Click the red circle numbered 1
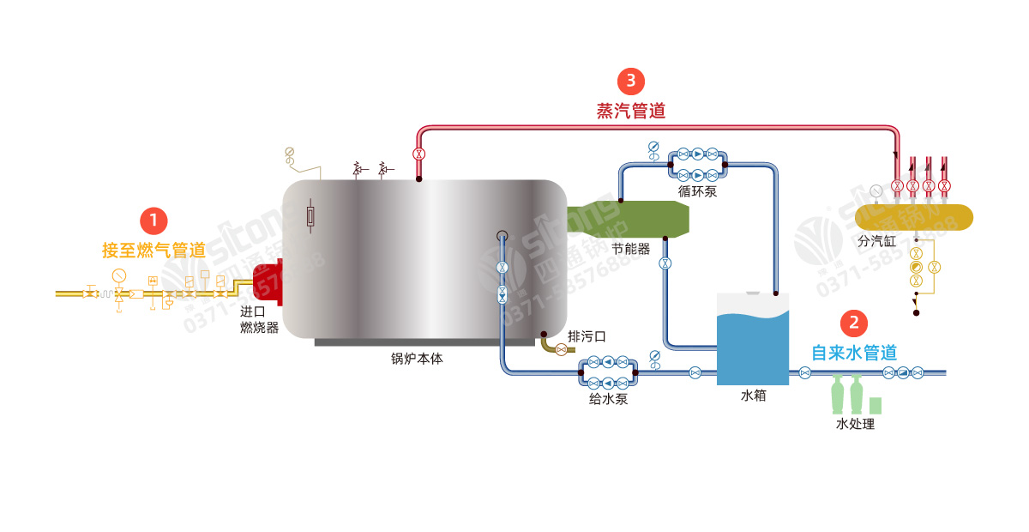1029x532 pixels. point(153,221)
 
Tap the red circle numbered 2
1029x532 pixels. point(854,323)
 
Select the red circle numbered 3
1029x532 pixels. point(631,82)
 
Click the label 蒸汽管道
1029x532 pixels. point(631,111)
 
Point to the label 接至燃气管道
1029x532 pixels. point(153,251)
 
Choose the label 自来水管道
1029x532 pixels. point(854,352)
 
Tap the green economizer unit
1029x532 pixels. point(630,220)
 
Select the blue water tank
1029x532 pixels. point(752,343)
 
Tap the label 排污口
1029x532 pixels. point(587,335)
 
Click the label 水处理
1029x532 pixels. point(855,424)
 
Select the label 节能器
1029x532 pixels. point(630,249)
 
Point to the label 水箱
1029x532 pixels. point(753,396)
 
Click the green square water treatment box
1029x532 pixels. point(876,405)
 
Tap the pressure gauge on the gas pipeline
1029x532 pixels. point(118,275)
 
